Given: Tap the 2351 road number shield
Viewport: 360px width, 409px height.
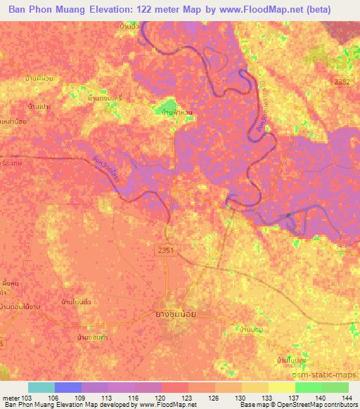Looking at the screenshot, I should click(x=165, y=249).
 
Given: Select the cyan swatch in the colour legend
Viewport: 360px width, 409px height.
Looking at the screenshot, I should click(x=41, y=387).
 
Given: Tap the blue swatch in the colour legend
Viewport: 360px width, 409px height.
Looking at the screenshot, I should click(x=68, y=387).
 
